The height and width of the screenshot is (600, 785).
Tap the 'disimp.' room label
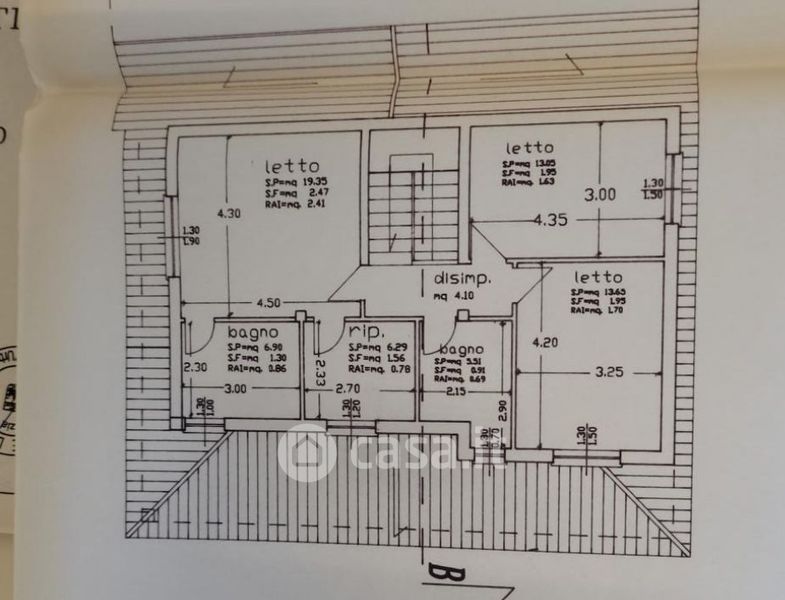coord(460,278)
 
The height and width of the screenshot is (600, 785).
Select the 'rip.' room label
coord(367,331)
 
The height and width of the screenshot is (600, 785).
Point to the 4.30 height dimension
coord(229,212)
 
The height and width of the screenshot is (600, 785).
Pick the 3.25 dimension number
coord(609,371)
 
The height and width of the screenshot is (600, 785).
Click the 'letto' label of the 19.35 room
coord(292,166)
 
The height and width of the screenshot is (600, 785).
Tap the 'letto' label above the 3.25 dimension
coord(598,277)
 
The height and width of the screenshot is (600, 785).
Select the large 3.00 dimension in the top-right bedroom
coord(601,195)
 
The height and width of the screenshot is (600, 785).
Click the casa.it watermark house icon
coord(306,453)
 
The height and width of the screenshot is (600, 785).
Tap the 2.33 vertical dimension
coord(320,372)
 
